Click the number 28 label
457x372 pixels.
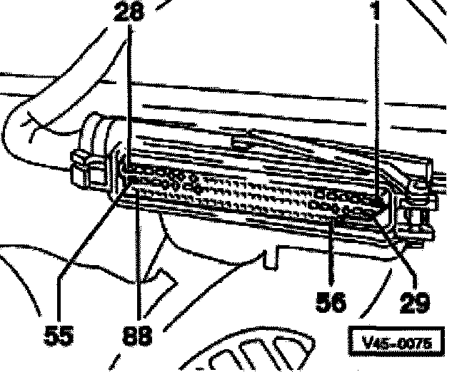128,13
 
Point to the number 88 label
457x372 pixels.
137,334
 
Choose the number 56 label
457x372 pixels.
331,303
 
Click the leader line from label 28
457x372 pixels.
129,93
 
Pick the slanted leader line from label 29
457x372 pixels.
396,249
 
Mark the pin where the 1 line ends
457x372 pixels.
378,192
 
